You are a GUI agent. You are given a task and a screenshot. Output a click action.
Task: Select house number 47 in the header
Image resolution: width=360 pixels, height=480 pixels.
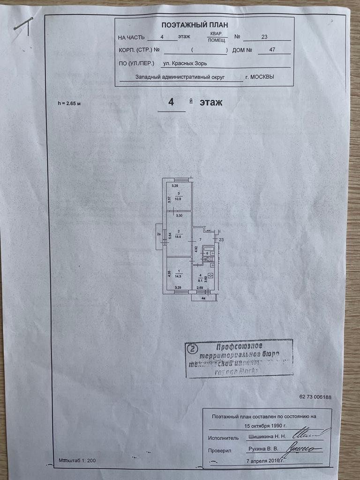(272, 49)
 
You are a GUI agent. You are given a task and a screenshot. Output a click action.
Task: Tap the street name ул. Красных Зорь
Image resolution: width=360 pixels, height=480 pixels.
(184, 63)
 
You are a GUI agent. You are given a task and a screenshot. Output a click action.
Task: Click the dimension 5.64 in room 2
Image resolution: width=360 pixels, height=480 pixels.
(170, 236)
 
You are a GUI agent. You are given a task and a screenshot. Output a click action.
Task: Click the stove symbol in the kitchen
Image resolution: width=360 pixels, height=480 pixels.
(211, 275)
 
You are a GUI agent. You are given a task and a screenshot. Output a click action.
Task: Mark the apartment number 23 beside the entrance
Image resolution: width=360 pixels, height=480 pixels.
(221, 240)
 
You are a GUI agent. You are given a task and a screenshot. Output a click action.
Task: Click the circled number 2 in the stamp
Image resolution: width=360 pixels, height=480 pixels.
(192, 348)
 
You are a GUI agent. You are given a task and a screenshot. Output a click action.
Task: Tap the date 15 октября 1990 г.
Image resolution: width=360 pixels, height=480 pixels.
(265, 427)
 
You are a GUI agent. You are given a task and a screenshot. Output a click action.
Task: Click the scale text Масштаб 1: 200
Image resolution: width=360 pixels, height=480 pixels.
(77, 461)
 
